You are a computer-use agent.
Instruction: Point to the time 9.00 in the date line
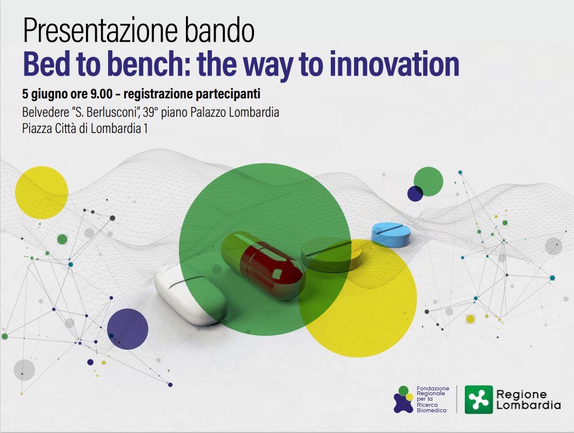tap(102, 94)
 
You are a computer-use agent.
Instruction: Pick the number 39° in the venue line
tap(150, 112)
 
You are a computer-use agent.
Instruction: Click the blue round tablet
tap(391, 235)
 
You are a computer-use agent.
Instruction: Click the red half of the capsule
tap(273, 270)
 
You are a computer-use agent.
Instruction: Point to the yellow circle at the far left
tap(42, 192)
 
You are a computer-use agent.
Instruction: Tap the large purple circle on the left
tap(128, 329)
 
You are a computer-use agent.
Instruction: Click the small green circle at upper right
tap(429, 181)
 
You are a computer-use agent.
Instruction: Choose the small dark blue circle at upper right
tap(415, 194)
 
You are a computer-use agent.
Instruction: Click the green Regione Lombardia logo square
tap(479, 399)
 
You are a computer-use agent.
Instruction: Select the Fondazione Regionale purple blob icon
tap(403, 399)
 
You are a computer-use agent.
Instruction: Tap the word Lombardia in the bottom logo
tap(529, 405)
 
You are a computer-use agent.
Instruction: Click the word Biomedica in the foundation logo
tap(432, 410)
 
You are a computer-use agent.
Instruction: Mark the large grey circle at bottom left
tap(24, 370)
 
